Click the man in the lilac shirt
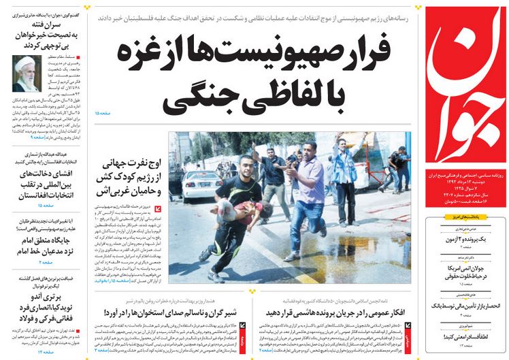tap(306, 197)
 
